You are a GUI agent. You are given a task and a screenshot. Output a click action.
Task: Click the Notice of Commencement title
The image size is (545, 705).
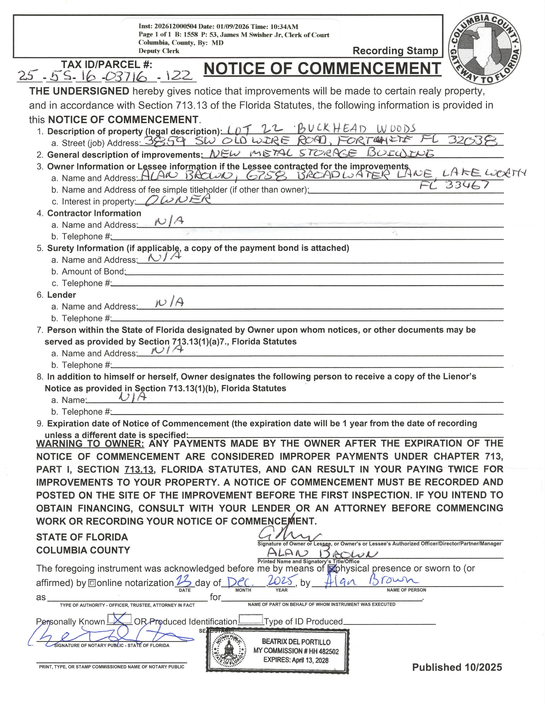pos(322,68)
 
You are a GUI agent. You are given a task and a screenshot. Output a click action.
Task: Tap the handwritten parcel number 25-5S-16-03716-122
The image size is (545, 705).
pos(106,76)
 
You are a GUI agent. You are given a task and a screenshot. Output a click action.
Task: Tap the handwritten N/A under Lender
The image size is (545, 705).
pos(169,303)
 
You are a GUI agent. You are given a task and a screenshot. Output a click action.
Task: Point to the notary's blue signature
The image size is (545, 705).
pos(110,637)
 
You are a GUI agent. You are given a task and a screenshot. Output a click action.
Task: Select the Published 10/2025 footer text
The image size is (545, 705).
pos(457,667)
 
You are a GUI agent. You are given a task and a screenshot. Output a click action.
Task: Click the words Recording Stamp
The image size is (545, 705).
pos(395,51)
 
